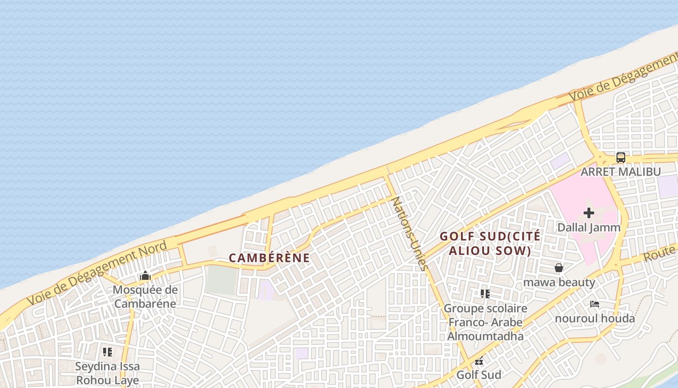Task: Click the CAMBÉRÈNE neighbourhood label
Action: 269,258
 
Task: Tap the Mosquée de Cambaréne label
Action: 145,297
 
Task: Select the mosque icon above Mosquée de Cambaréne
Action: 145,276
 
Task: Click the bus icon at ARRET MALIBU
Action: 620,157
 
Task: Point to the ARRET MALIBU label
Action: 620,172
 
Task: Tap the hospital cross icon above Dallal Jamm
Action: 589,212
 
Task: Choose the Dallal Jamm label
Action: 589,227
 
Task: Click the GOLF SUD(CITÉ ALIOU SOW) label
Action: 490,243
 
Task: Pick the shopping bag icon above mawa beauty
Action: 559,268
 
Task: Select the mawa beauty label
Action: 559,282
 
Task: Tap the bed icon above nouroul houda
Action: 595,304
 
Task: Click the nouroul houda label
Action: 595,319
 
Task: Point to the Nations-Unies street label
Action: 410,233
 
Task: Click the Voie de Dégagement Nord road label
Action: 97,273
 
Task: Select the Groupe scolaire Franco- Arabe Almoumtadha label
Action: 485,322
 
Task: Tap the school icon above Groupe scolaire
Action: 485,293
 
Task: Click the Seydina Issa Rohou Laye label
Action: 107,373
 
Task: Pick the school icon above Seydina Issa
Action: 107,352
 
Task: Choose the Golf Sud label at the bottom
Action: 478,374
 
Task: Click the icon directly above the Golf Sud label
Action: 478,361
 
